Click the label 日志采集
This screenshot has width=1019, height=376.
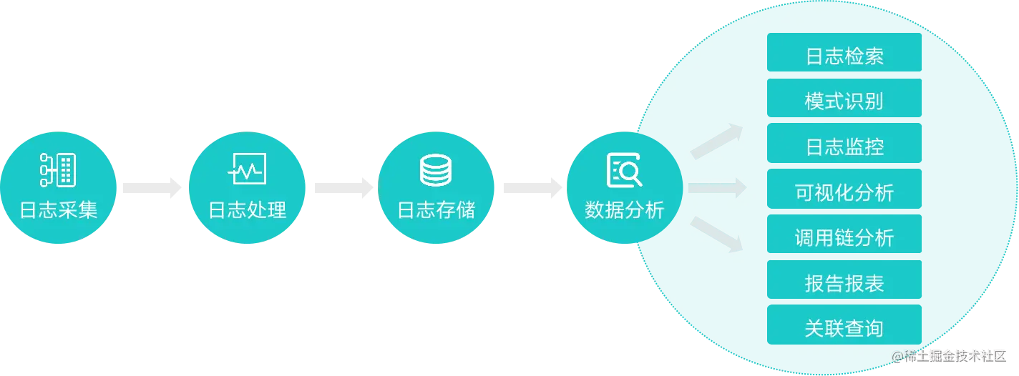coord(59,210)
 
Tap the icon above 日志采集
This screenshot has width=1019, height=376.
coord(59,169)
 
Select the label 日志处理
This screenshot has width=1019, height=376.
coord(248,210)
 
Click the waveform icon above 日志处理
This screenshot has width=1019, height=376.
coord(248,169)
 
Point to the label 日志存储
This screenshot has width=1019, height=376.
coord(437,210)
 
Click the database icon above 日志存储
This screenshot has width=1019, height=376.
coord(436,170)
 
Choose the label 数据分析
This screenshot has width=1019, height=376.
coord(625,210)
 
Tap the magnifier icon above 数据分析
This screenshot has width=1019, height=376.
coord(625,170)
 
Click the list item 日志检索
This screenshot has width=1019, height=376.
coord(844,56)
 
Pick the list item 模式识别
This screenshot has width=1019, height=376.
coord(844,102)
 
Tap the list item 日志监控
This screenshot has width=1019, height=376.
coord(844,147)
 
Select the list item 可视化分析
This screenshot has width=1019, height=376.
coord(844,192)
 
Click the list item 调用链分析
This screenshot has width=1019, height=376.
coord(844,237)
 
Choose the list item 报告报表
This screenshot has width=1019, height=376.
coord(844,283)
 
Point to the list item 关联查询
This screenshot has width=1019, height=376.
coord(844,328)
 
